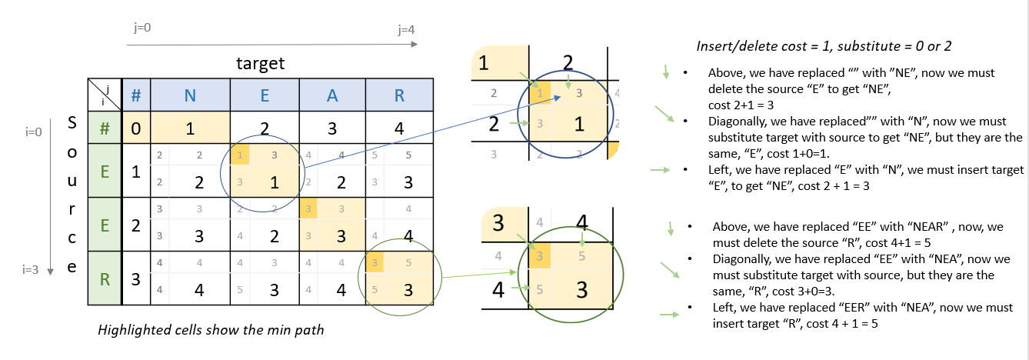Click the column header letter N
(x=189, y=95)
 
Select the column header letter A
(x=331, y=95)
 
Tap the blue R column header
(x=398, y=95)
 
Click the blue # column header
(x=135, y=95)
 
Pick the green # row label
(x=104, y=127)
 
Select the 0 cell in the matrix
(x=135, y=127)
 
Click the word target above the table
(x=260, y=63)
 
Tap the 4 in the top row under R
(x=398, y=127)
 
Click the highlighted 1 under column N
(x=189, y=127)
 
